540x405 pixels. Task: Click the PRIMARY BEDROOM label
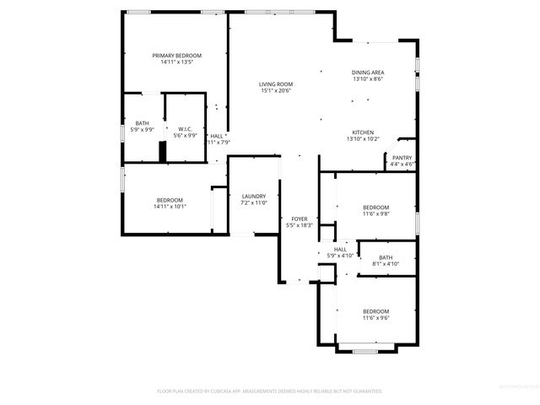(176, 56)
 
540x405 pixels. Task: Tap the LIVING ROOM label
(275, 84)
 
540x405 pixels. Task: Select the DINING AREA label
(367, 73)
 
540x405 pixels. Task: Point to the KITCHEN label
(364, 132)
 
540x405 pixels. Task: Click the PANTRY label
(402, 158)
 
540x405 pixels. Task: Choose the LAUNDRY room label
(254, 197)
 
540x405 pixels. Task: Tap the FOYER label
(300, 219)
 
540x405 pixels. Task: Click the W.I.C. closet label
(184, 129)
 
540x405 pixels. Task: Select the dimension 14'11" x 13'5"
(176, 62)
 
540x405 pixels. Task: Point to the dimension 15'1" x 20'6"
(275, 91)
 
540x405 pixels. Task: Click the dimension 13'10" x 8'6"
(367, 79)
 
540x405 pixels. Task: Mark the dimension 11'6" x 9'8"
(375, 213)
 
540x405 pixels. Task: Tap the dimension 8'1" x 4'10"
(386, 264)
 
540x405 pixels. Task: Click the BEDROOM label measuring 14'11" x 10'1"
(170, 199)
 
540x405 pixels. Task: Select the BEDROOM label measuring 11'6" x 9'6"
(375, 310)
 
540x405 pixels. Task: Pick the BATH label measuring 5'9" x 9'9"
(142, 124)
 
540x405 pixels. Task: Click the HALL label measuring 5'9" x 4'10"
(340, 249)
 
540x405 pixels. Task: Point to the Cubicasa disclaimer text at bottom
(270, 391)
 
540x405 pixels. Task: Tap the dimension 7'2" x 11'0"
(254, 203)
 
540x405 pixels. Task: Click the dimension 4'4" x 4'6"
(402, 165)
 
